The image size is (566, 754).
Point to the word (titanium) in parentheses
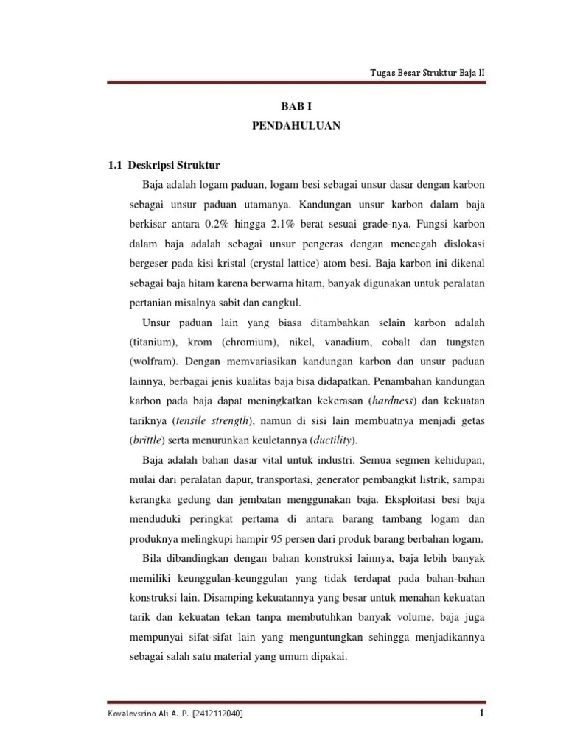pos(152,343)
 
